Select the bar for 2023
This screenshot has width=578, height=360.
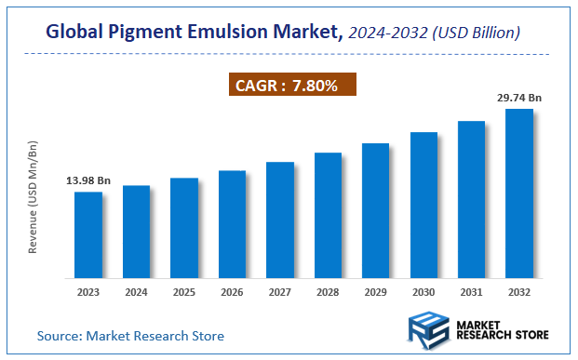[88, 234]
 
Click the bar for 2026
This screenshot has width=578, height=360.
[232, 224]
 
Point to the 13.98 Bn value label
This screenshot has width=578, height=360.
[87, 180]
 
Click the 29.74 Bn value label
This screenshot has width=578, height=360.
[519, 96]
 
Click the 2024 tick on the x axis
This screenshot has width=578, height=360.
[136, 291]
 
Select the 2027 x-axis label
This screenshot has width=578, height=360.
[280, 291]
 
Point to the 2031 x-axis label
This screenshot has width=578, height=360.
[471, 291]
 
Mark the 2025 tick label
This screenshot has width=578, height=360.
[184, 291]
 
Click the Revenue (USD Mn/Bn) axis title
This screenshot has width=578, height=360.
[33, 199]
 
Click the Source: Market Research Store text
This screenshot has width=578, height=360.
[130, 335]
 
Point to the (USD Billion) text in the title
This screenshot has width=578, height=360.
[477, 33]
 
